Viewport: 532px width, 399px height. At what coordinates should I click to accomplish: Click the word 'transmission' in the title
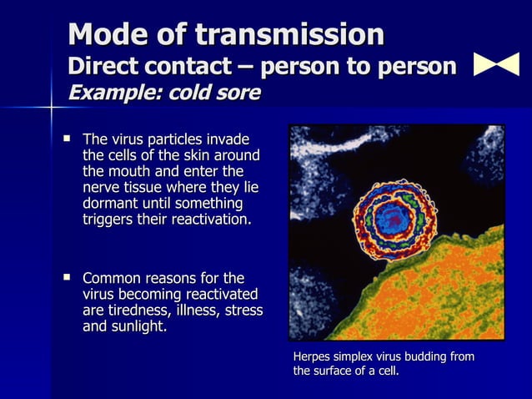tap(289, 35)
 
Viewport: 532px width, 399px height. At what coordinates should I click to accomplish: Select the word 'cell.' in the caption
tap(386, 371)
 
